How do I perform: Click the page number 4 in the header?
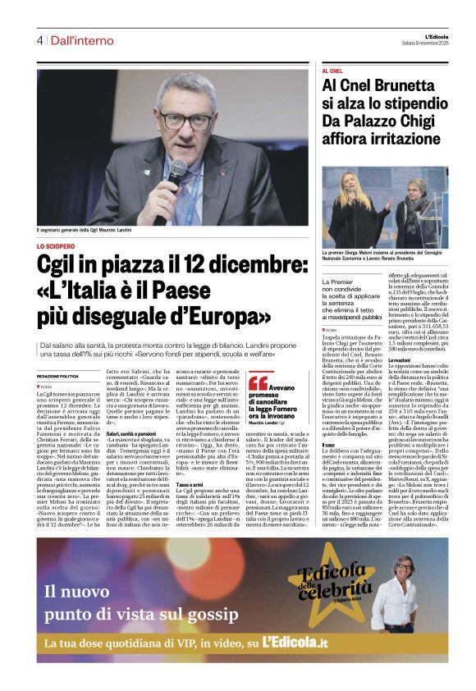pos(39,40)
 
